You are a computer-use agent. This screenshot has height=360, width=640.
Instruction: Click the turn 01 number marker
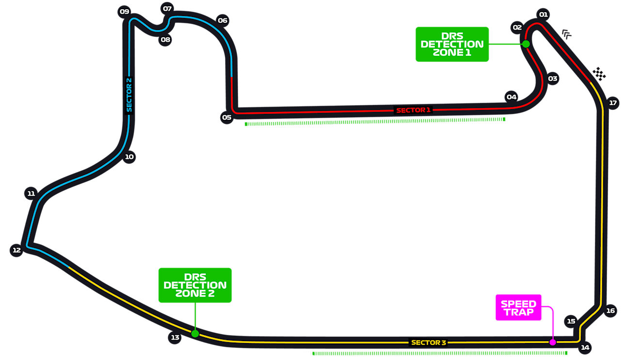[544, 15]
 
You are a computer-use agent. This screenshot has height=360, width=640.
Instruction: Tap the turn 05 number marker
[226, 117]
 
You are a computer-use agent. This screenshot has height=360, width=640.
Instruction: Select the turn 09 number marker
[125, 12]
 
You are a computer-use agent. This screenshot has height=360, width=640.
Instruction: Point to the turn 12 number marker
[16, 250]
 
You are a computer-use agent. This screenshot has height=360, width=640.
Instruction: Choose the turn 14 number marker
[585, 347]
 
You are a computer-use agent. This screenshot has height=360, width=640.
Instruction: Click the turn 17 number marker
[613, 103]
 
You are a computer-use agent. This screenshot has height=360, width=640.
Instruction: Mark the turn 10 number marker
[129, 157]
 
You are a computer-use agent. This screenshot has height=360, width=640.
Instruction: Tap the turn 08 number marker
[166, 40]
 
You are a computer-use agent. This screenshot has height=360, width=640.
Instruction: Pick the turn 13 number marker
[175, 337]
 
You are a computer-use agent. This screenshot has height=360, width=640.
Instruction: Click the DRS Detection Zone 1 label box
[452, 44]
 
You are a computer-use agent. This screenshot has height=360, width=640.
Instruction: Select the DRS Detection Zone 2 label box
[195, 285]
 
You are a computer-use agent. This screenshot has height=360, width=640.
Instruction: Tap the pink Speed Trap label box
[518, 308]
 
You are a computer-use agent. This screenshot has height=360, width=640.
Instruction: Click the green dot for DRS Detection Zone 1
[526, 44]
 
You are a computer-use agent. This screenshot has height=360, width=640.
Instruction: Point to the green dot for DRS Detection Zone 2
[195, 333]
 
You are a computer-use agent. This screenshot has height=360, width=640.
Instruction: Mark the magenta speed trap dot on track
[552, 342]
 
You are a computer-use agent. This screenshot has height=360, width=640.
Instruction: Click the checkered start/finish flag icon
[599, 74]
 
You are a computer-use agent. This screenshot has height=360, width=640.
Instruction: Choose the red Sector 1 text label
[413, 110]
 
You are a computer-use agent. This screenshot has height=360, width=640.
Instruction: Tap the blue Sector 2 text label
[129, 95]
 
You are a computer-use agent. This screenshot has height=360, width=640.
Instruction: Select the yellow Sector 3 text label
[429, 343]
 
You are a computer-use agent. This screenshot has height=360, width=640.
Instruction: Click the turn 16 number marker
[610, 311]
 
